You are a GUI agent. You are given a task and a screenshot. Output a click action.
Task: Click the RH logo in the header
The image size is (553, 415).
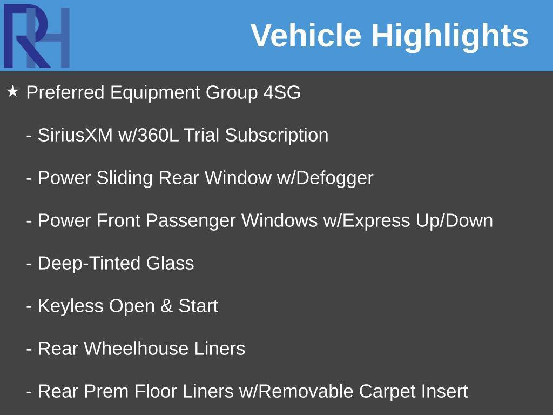(36, 36)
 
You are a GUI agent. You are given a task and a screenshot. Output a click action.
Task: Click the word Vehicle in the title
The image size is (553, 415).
(306, 35)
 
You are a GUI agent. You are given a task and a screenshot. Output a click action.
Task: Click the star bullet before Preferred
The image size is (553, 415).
(13, 92)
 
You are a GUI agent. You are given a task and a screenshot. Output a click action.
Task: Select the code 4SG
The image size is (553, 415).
(282, 92)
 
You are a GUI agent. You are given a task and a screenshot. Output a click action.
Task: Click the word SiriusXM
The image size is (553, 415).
(75, 135)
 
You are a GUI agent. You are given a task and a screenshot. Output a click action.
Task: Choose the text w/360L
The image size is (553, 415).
(149, 135)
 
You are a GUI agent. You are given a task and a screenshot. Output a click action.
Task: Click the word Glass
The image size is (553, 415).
(170, 263)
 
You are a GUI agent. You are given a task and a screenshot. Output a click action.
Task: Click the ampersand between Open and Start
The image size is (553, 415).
(166, 306)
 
